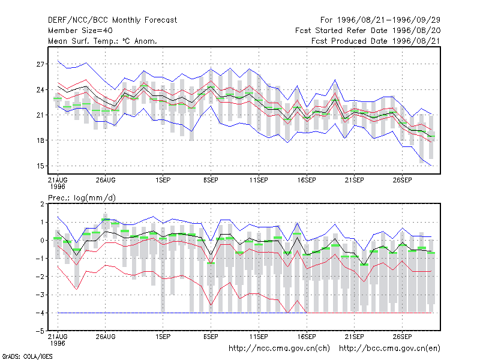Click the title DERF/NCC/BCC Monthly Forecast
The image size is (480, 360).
point(112,20)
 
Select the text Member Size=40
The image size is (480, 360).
point(80,31)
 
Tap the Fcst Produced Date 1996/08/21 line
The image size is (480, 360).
point(376,41)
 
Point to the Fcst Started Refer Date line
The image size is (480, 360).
point(368,31)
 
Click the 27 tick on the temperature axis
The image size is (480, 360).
point(40,64)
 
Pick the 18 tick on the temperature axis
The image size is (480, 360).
point(40,140)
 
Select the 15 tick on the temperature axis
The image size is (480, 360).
point(40,166)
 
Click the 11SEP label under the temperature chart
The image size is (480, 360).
point(259,180)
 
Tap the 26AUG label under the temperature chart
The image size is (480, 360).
point(106,180)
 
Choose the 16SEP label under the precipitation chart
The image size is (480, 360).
point(307,337)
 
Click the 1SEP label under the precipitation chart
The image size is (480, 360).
point(163,337)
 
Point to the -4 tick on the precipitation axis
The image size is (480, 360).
point(40,313)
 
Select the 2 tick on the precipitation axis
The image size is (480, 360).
point(42,204)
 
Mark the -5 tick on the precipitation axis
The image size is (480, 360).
point(40,331)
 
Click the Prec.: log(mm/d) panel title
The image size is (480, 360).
point(82,198)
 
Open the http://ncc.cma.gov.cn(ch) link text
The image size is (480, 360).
point(279,349)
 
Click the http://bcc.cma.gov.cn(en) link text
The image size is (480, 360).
point(389,349)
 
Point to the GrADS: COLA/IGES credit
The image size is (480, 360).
point(27,356)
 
